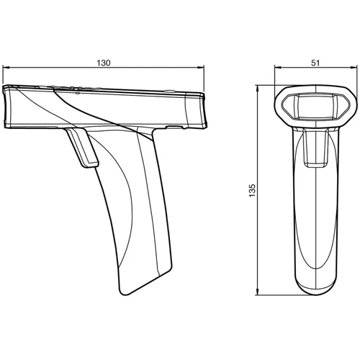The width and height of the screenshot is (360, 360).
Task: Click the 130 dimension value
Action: click(103, 63)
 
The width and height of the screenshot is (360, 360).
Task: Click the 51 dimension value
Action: click(315, 63)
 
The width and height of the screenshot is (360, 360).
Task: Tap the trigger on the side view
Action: click(82, 149)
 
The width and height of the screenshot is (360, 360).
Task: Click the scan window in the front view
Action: click(315, 107)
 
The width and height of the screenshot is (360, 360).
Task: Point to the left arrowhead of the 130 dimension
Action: click(6, 69)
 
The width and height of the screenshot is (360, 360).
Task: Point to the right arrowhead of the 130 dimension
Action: click(204, 69)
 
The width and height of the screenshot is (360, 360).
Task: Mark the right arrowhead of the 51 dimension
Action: click(354, 69)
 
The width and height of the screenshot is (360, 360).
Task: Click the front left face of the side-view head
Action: click(12, 108)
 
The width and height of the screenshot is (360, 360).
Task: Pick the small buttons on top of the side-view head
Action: click(72, 90)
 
